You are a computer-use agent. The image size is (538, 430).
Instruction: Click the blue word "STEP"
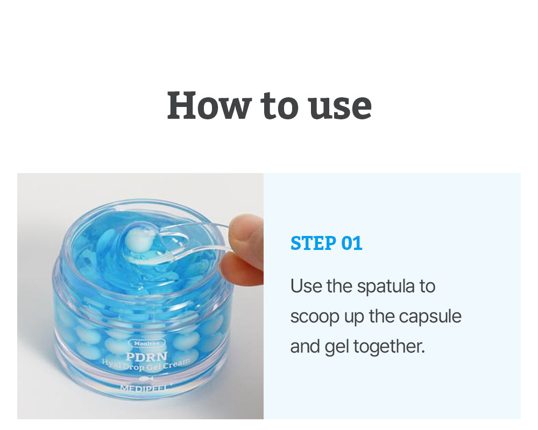313,243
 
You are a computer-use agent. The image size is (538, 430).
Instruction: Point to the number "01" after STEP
352,243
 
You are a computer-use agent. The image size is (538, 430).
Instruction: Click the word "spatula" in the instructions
386,286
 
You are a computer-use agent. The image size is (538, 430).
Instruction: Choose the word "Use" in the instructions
306,286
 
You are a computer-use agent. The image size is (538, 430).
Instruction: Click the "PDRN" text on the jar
146,356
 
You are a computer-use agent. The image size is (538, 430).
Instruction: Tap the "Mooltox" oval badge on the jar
146,343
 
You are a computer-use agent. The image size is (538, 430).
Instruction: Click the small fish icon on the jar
146,378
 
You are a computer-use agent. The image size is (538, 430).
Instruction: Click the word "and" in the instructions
305,346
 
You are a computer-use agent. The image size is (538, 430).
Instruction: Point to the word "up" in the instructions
354,318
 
